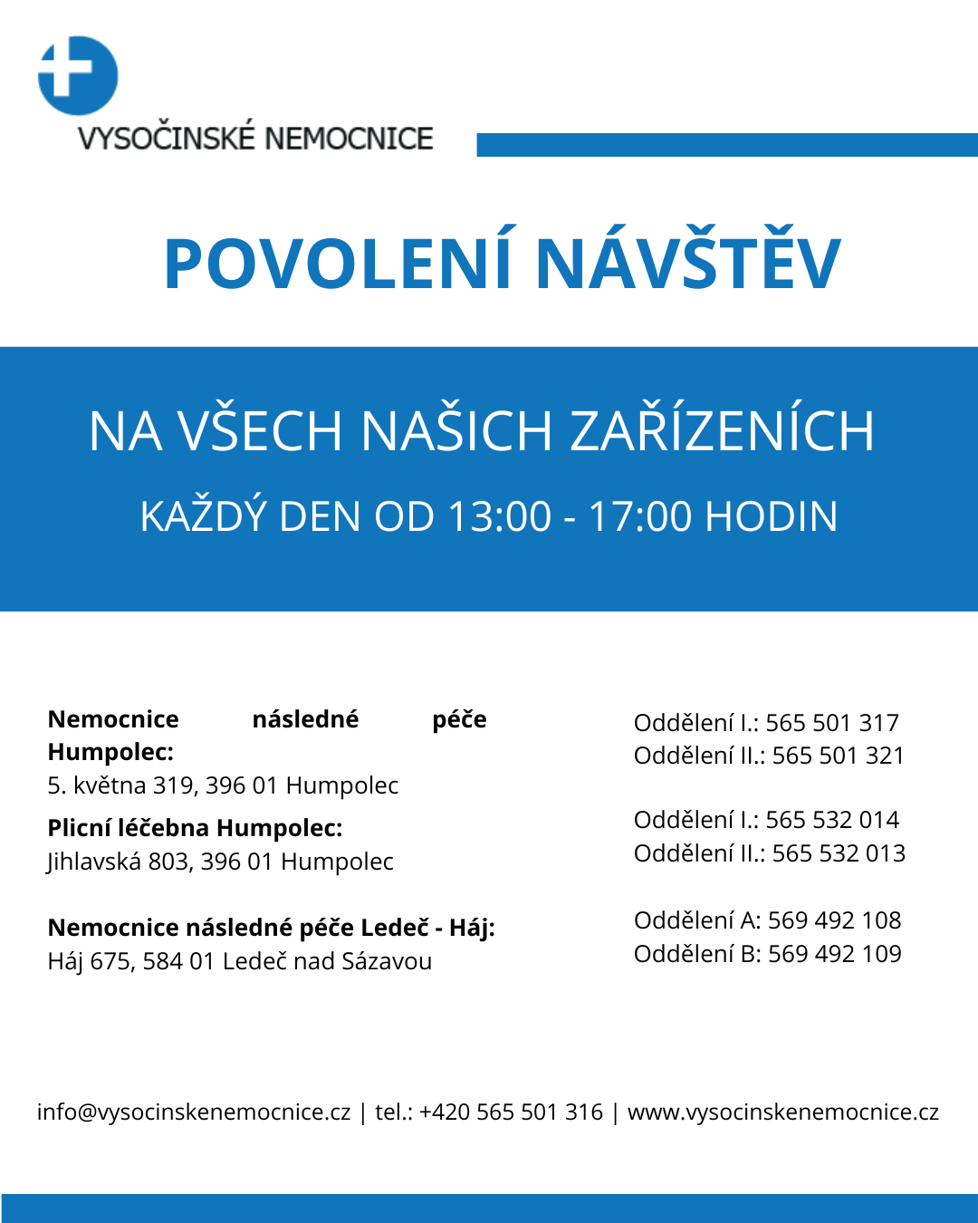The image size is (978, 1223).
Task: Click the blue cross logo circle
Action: point(78,76)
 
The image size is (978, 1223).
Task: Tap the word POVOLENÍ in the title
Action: point(339,265)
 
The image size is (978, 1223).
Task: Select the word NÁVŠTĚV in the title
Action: point(688,265)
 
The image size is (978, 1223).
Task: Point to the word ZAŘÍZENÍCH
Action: point(722,431)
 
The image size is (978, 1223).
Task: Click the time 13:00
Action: point(499,517)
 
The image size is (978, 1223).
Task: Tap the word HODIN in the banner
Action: point(772,517)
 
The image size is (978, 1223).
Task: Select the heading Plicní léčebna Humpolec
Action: point(195,828)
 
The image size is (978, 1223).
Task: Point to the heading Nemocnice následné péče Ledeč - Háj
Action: point(271,928)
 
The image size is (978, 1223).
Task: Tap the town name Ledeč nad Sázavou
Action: point(327,961)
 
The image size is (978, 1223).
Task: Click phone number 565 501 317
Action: point(832,723)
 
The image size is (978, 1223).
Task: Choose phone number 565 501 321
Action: point(839,756)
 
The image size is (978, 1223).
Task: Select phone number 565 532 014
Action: point(832,820)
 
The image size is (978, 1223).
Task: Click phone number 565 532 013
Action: point(839,853)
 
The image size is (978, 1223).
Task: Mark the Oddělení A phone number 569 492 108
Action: point(834,920)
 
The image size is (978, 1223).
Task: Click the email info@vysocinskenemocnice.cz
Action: point(194,1112)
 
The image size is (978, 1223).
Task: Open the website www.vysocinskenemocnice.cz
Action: point(783,1112)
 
